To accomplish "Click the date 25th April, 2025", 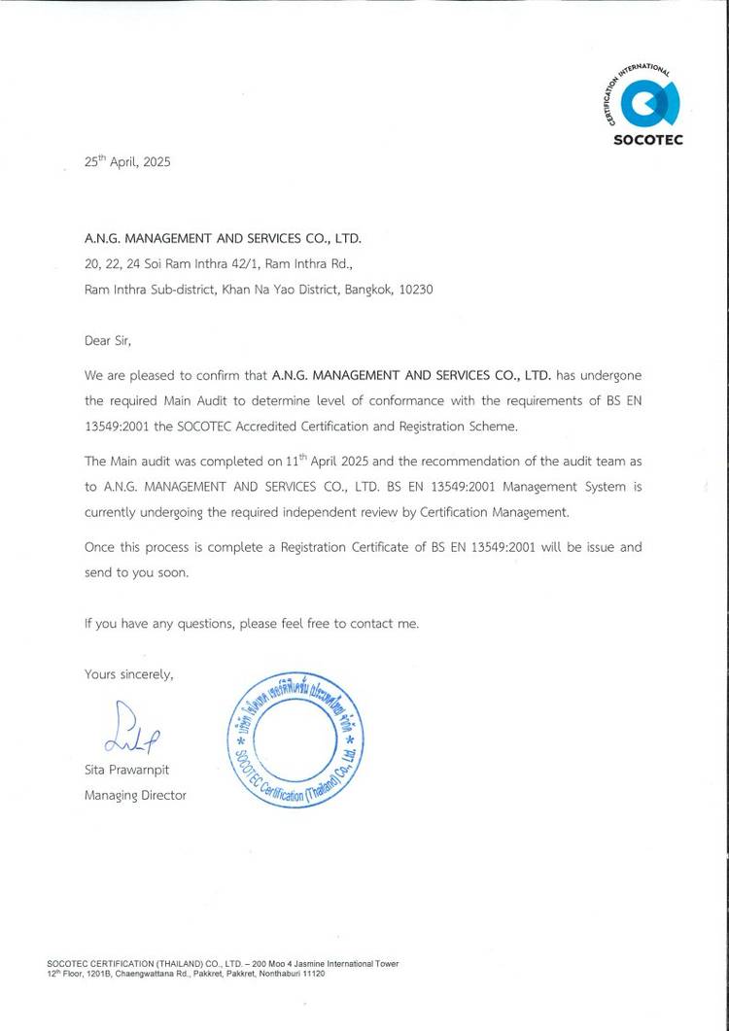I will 127,162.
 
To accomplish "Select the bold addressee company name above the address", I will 228,237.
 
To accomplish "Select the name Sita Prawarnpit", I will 127,770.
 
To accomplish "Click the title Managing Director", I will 135,795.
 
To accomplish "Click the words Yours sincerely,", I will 129,673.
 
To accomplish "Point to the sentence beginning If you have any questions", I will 252,623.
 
